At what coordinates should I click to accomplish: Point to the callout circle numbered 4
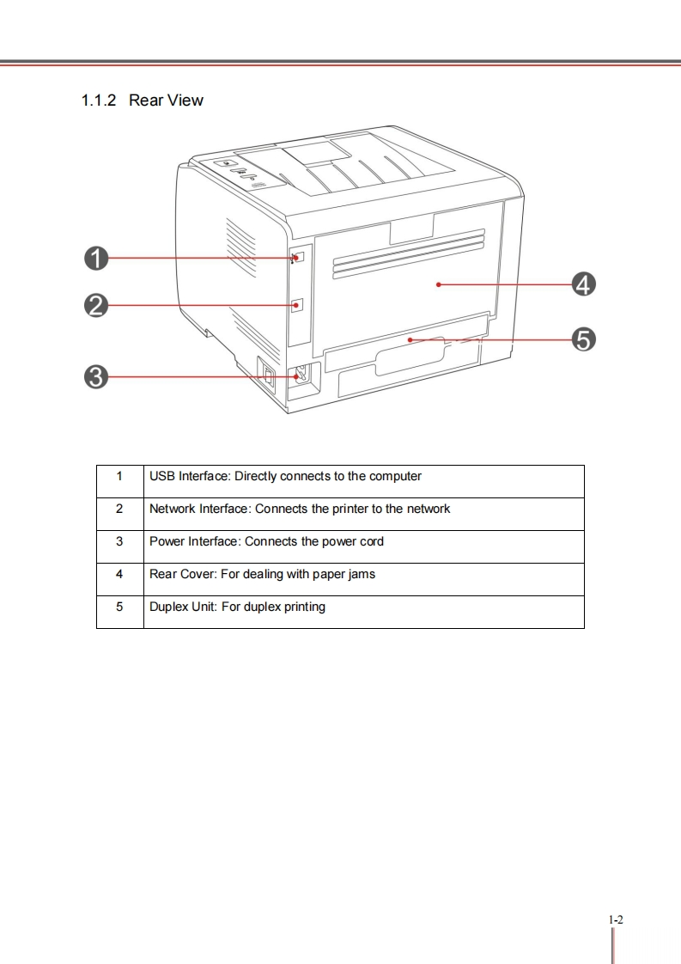coord(583,284)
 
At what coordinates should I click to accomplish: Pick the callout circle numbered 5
coord(583,339)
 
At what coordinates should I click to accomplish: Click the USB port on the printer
coord(298,258)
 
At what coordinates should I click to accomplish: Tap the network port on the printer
coord(298,305)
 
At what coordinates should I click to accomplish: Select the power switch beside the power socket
coord(267,375)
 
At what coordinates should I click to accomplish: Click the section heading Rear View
coord(166,101)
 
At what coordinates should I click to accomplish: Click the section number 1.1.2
coord(100,101)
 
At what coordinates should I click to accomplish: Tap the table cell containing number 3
coord(119,541)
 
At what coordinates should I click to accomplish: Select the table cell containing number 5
coord(119,607)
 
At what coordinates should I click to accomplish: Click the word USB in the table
coord(162,476)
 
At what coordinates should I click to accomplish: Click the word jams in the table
coord(362,574)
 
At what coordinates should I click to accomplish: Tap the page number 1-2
coord(615,920)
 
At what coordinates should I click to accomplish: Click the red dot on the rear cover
coord(438,284)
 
